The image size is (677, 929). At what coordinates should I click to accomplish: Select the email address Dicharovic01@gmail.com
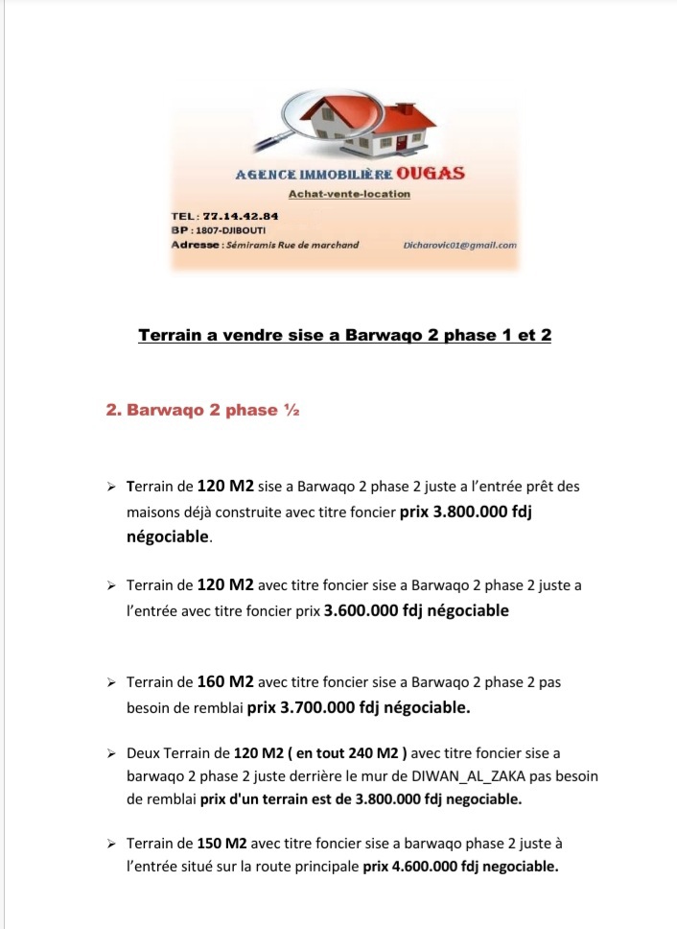point(461,245)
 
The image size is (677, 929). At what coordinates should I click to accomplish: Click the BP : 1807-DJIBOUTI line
point(219,230)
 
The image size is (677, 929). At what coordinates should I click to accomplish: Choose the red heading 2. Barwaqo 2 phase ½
point(203,411)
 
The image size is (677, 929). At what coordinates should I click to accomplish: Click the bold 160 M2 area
point(224,682)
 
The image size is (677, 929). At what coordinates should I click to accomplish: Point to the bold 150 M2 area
point(222,844)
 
